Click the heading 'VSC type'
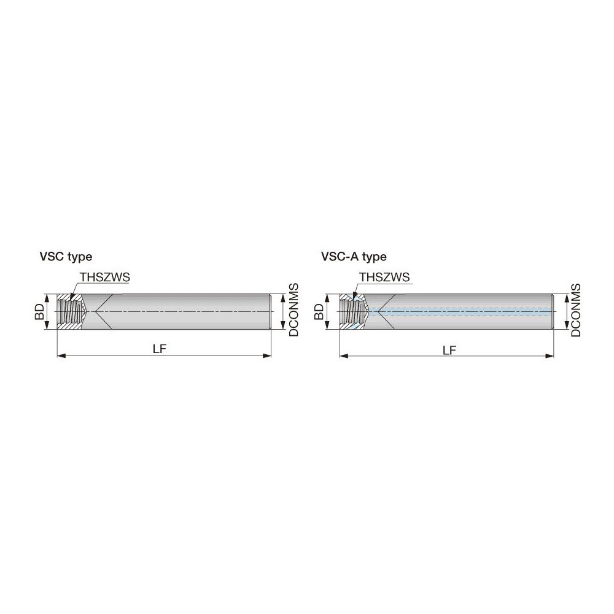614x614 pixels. pos(66,257)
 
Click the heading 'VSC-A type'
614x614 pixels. pos(354,257)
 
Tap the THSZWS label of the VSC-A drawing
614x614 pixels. pos(384,278)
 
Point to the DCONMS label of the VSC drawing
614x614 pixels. pos(293,309)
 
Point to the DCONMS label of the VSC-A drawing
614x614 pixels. pos(576,309)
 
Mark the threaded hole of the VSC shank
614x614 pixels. pos(70,312)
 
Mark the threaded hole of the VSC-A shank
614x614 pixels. pos(352,312)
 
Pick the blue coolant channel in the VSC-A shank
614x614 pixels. pos(467,312)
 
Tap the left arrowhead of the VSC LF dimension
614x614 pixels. pos(60,356)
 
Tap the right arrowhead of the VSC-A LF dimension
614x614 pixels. pos(551,356)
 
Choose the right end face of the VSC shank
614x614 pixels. pos(271,312)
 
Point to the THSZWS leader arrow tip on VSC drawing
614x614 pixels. pos(71,298)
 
